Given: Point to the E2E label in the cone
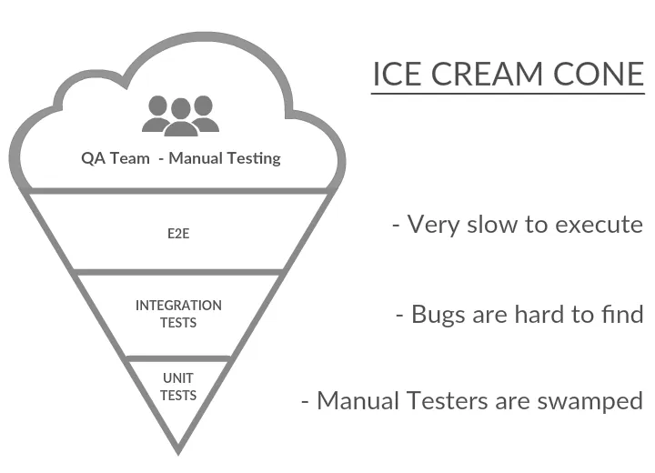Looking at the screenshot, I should click(178, 232).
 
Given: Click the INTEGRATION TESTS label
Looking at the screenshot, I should click(178, 314).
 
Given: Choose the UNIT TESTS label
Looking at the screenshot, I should click(178, 387).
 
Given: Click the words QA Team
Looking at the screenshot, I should click(116, 157).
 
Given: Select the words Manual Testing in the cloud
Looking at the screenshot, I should click(225, 157).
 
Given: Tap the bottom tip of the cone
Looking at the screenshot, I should click(178, 448).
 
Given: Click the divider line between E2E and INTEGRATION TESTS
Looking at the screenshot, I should click(178, 271).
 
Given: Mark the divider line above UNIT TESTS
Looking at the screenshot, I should click(178, 357).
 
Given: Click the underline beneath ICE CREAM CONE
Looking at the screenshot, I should click(508, 92).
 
